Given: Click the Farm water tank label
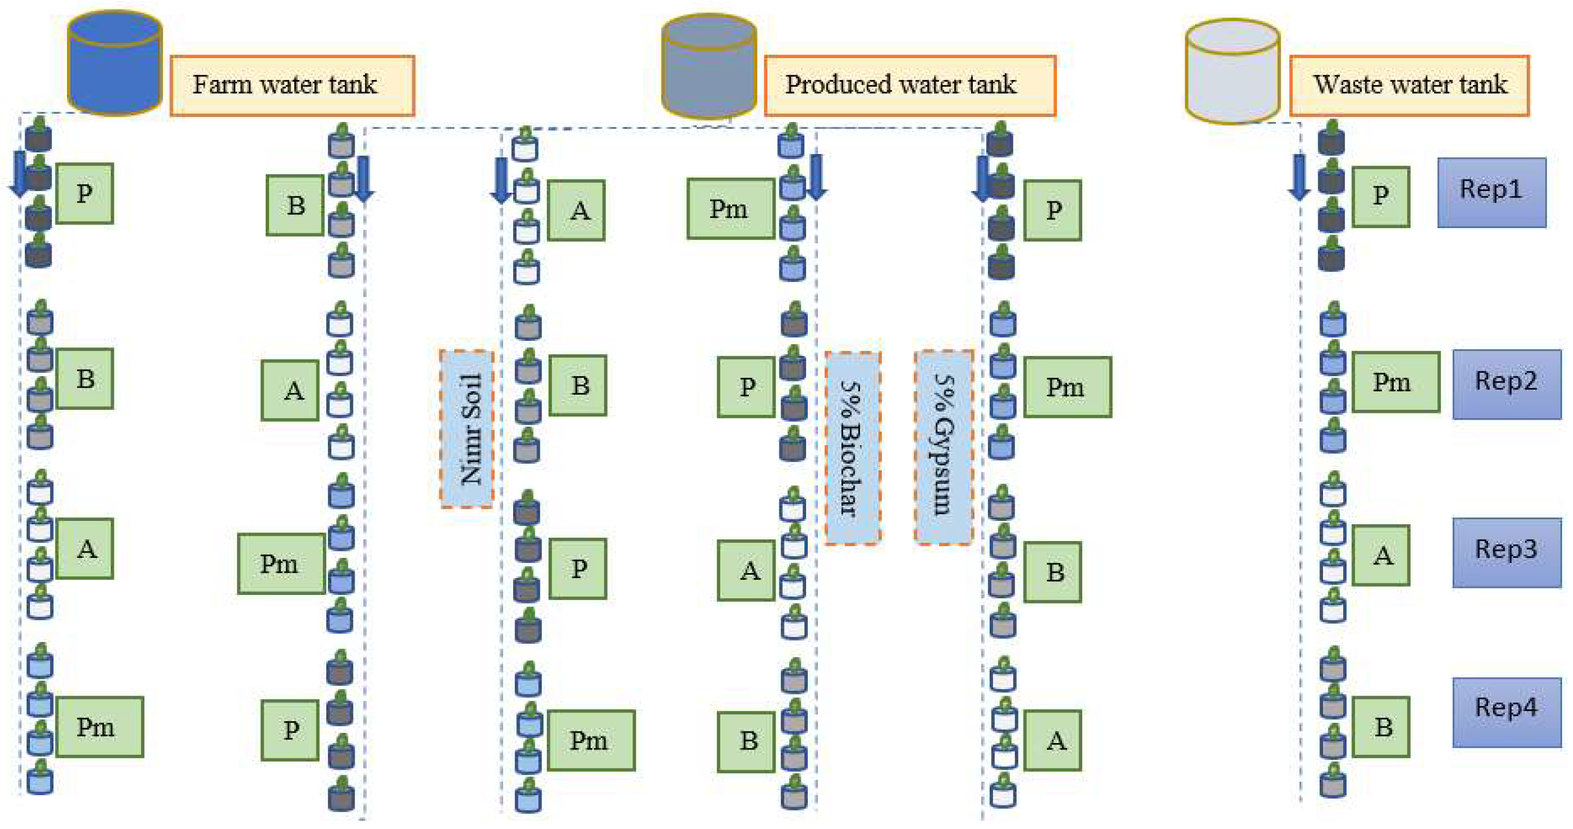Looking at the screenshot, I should [292, 85].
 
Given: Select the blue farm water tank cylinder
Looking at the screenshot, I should [114, 64].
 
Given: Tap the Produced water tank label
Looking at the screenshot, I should [909, 85].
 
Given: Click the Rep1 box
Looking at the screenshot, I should [1491, 192].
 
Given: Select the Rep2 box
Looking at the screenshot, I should [1506, 383].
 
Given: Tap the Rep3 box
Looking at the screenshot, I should [1506, 552].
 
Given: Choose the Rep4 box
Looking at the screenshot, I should [1506, 711].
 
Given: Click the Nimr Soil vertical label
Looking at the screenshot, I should [467, 428].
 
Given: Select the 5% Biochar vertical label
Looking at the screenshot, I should [852, 447].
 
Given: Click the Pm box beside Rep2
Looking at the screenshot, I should [1395, 382].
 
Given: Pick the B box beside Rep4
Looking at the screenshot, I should [1380, 727].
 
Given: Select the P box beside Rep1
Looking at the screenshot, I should [1380, 196].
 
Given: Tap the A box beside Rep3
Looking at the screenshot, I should [1380, 555].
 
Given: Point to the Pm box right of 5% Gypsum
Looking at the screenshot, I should [1067, 386].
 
